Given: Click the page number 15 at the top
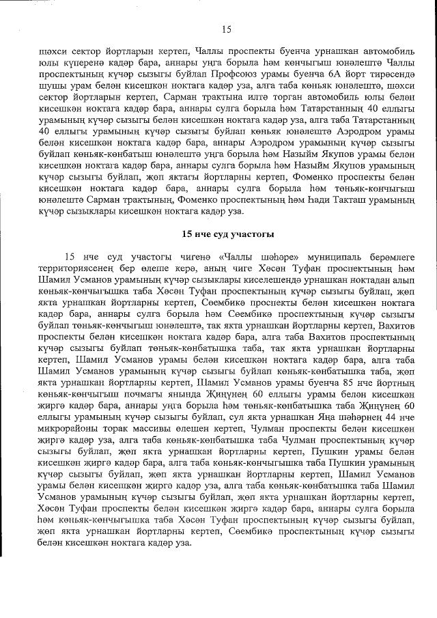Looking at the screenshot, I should click(227, 29).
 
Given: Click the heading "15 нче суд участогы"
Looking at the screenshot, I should click(227, 235).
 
